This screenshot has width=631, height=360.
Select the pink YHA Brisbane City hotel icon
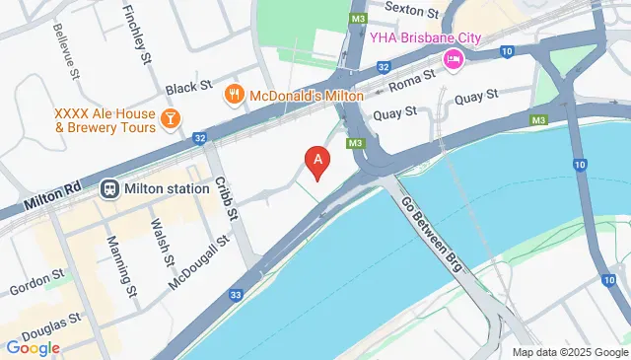(454, 58)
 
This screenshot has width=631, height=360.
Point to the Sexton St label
(411, 11)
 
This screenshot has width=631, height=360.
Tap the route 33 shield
(236, 293)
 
